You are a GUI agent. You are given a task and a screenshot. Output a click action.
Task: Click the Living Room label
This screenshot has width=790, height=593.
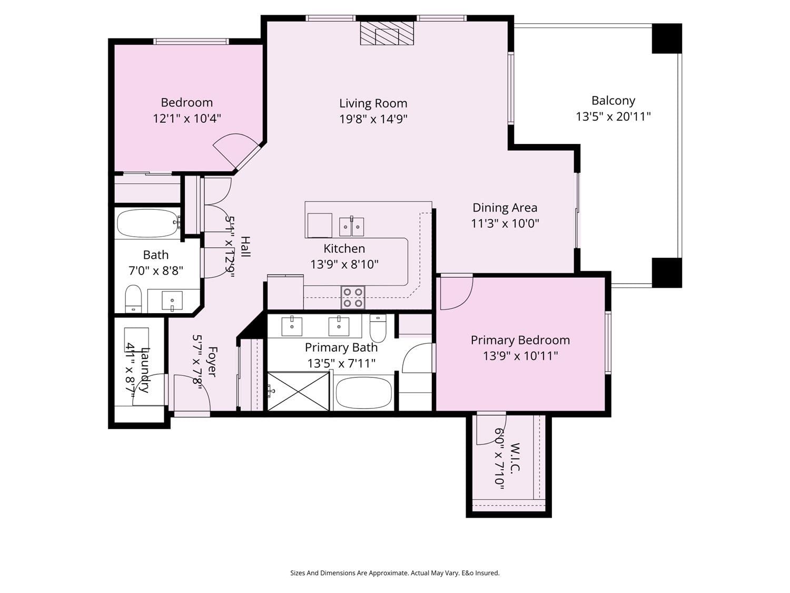coord(373,103)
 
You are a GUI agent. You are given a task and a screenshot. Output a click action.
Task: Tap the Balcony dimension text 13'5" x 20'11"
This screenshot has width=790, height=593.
coord(613,116)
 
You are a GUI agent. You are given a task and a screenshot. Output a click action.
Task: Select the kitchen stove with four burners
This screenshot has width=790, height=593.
coord(353,297)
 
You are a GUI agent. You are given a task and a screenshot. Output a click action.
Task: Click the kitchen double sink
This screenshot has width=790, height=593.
coord(351,227)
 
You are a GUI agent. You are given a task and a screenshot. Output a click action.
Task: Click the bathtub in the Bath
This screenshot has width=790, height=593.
coord(147,223)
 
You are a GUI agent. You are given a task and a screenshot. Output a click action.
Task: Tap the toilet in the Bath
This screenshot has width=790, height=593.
coord(133,298)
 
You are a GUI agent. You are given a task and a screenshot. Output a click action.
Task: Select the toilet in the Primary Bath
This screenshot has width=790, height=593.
coord(378,328)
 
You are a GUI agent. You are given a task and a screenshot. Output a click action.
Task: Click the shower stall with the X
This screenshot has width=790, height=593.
coord(299,391)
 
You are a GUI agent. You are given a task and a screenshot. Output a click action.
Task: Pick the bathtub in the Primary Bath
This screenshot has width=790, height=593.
coord(363,393)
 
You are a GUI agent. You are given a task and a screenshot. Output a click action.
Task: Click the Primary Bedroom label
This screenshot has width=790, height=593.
coord(520,340)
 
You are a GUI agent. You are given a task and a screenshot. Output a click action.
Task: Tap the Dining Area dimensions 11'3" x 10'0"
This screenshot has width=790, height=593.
coord(505,223)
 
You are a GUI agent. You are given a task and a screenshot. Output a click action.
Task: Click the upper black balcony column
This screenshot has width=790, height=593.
coord(667,38)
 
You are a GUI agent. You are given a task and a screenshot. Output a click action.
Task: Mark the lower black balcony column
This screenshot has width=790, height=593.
coord(667,273)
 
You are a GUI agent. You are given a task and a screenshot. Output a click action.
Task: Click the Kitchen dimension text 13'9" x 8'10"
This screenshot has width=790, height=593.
coord(344,265)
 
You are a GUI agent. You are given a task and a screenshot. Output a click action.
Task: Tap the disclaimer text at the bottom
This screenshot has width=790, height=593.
coord(395,573)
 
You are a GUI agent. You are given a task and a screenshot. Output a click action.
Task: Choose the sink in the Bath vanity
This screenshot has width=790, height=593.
coord(172,300)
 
